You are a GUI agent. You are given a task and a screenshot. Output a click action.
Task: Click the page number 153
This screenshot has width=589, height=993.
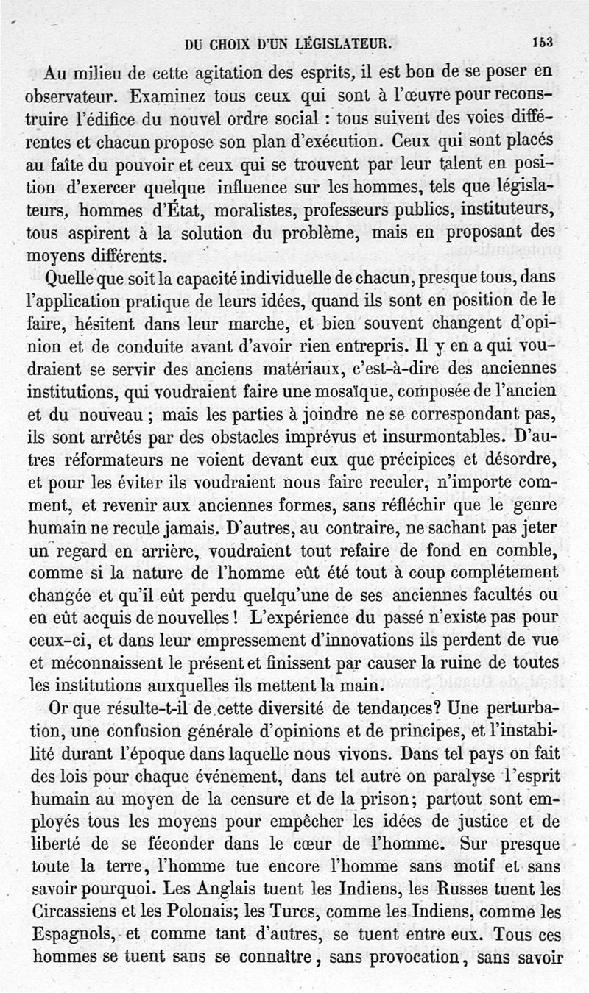pyautogui.click(x=543, y=42)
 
